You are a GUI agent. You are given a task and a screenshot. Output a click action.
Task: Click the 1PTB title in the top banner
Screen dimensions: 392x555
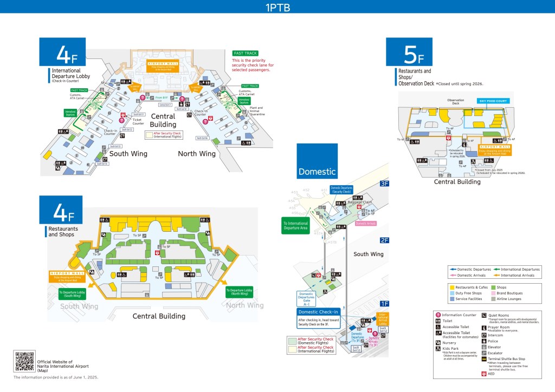(x=277, y=7)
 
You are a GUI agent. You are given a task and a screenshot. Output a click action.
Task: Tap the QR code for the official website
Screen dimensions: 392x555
(x=24, y=362)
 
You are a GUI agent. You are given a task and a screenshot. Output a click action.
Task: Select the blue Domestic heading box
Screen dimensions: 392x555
(x=317, y=161)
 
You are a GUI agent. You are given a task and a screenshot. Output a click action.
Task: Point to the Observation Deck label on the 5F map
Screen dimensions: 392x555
(x=455, y=102)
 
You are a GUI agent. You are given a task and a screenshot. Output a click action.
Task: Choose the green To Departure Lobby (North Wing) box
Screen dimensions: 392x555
(x=240, y=292)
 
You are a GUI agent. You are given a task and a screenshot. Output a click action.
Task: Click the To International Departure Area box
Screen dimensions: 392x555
(x=295, y=225)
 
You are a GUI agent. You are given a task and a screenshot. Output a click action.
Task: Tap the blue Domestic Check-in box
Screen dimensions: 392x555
(x=319, y=312)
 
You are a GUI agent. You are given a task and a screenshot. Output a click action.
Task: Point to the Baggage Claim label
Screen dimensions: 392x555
(x=358, y=202)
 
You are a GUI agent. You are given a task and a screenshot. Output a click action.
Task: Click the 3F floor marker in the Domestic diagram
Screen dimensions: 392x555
(x=384, y=184)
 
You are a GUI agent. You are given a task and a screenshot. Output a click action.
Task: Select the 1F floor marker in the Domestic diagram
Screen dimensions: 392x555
(x=384, y=304)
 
